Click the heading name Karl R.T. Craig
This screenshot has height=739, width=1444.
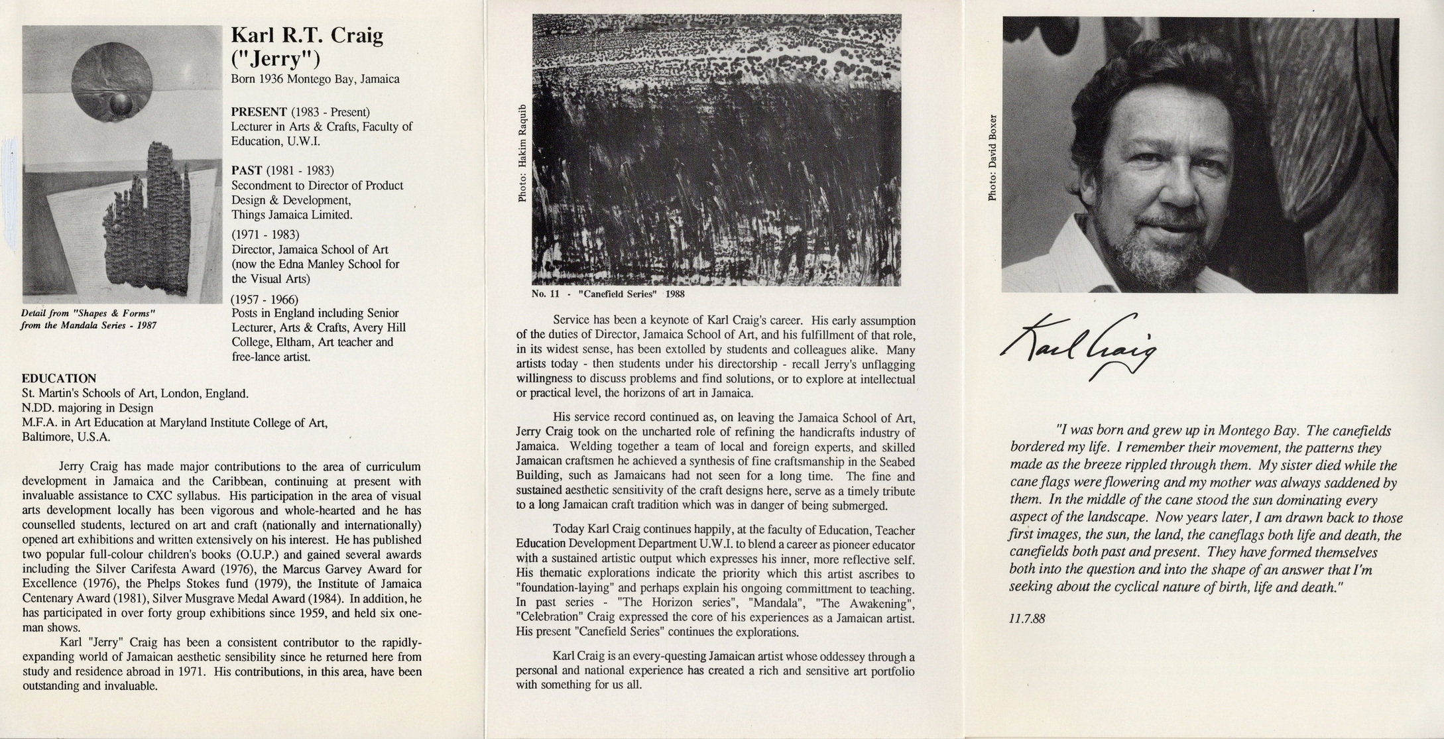[306, 36]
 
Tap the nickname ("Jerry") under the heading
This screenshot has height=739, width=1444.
[275, 60]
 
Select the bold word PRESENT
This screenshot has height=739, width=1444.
[259, 111]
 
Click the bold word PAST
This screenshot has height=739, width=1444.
[245, 170]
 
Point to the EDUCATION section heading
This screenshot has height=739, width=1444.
[59, 378]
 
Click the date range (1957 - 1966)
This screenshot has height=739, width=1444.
[265, 300]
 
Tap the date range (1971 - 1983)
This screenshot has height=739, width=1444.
[265, 235]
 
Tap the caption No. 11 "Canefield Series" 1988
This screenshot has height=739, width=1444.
[608, 294]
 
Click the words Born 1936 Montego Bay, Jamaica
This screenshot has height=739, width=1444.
[315, 80]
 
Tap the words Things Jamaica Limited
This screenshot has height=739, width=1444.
[292, 215]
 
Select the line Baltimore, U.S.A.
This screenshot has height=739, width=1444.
[66, 437]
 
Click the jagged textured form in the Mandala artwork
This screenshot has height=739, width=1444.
[152, 225]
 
